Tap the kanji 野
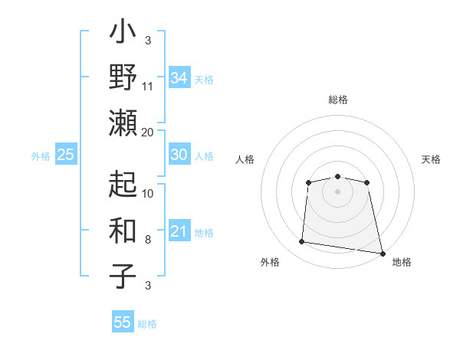click(x=123, y=79)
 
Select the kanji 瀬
click(x=123, y=123)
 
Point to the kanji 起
click(x=123, y=185)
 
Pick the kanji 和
click(x=123, y=231)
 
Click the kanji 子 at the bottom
click(x=123, y=276)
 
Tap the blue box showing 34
click(x=179, y=78)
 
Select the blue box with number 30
click(x=179, y=155)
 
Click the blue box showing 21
click(x=179, y=231)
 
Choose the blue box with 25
click(x=65, y=155)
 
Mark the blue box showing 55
click(x=123, y=322)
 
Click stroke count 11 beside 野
click(x=148, y=86)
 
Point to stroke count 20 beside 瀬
click(x=148, y=132)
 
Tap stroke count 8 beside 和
click(x=148, y=240)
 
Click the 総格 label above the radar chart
click(x=338, y=100)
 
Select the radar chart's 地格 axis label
click(x=402, y=263)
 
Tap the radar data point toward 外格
click(x=302, y=242)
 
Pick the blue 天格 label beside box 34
click(x=204, y=80)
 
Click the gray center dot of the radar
click(x=337, y=191)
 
